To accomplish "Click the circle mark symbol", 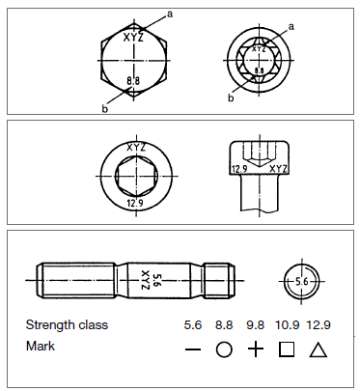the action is pos(224,349).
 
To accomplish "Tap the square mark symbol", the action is pos(287,349).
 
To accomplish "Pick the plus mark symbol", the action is pos(256,349).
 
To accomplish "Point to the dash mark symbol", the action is pos(193,349).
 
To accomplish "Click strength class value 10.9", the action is pos(287,325).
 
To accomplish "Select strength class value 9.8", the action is pos(255,325).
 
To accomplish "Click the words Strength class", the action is pos(67,325).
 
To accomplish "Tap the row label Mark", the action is pos(41,347).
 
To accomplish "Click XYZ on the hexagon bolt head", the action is pos(133,38).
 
